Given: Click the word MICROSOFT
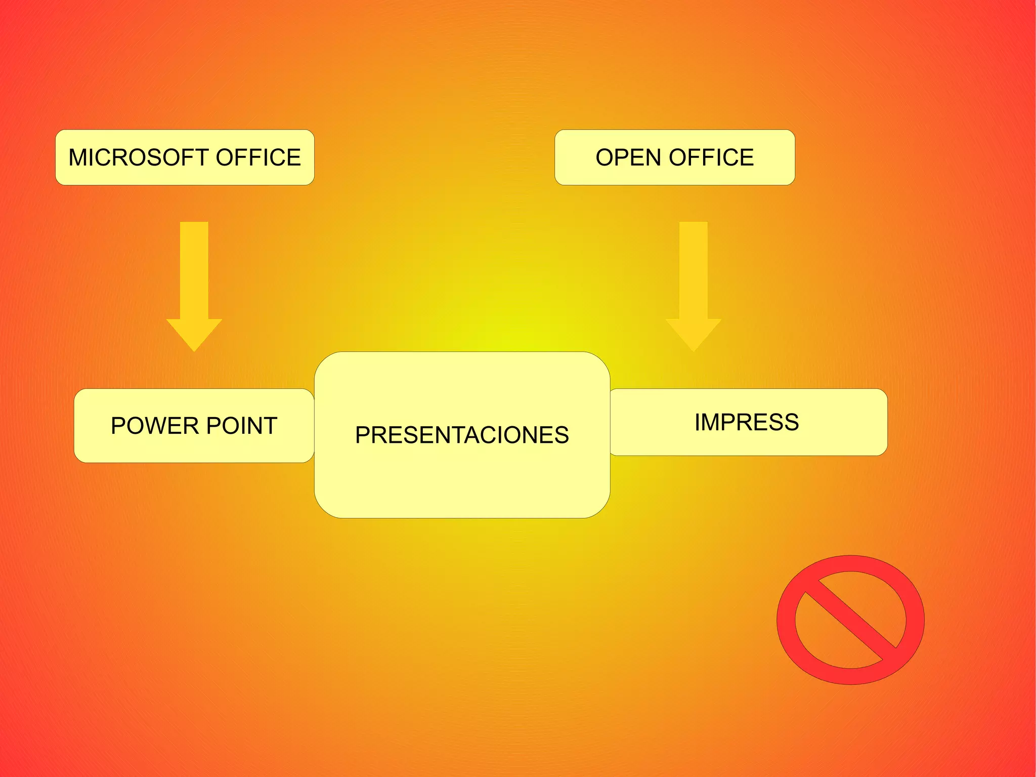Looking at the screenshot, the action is point(139,157).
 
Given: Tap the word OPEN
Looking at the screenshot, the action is point(628,157).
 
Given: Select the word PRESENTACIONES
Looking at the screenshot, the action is point(462,435).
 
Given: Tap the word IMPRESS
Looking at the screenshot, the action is point(747,422).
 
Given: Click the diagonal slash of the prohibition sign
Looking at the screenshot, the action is point(851,620).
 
